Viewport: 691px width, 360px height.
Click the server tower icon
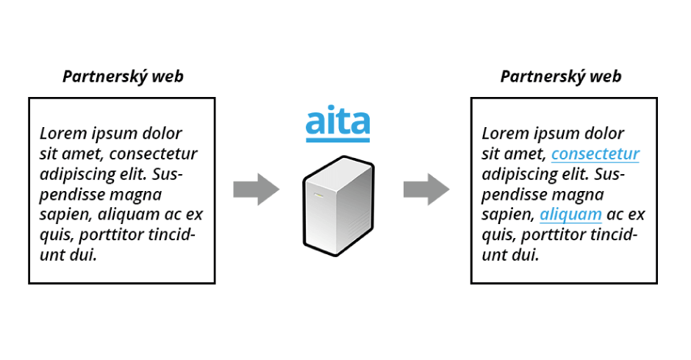[338, 206]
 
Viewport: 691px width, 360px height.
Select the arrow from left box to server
[256, 190]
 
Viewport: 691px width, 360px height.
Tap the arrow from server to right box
[426, 190]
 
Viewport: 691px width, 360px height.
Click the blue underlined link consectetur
[595, 154]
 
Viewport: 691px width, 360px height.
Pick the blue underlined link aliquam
[570, 215]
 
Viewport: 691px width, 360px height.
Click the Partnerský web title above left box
[123, 76]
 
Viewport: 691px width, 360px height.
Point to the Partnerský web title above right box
[561, 76]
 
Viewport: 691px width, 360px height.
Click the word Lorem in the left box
[61, 134]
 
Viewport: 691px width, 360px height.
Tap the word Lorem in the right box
[503, 134]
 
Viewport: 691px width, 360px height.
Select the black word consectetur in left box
[153, 154]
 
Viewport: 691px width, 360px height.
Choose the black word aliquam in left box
[129, 215]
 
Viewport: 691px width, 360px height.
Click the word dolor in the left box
[160, 134]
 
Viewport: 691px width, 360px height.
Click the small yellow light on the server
[318, 195]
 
